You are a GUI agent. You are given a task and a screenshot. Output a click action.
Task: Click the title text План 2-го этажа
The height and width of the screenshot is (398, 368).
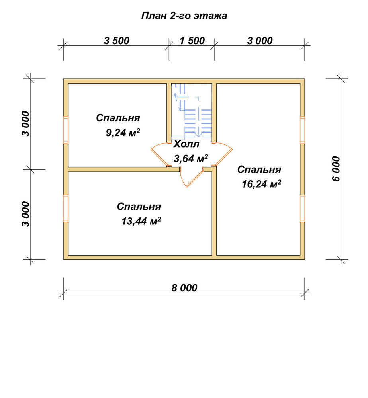pos(184,16)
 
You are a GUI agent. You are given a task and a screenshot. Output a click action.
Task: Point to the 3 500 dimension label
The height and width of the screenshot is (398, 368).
pos(117,41)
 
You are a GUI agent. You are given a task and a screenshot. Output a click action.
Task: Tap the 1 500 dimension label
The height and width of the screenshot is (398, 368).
pos(192,41)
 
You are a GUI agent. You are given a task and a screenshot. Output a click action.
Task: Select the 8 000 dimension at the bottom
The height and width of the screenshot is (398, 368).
pos(184,288)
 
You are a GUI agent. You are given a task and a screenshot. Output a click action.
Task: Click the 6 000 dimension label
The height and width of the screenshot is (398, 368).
pos(336,169)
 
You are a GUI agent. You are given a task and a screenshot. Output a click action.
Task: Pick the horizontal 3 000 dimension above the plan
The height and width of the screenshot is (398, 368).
pos(260,41)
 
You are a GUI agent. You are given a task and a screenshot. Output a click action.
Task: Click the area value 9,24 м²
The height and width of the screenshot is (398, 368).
pos(123,132)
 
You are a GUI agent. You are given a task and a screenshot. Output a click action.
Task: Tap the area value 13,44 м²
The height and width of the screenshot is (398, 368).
pos(141,221)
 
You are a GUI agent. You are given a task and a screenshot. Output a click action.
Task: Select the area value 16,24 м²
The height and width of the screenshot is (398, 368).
pos(261,184)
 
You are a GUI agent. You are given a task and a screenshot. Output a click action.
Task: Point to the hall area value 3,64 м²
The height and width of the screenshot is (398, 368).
pos(191,158)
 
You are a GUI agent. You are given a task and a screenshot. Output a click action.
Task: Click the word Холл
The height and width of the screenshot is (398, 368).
pos(186,144)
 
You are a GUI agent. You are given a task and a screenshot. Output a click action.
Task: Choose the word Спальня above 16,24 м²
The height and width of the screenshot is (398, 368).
pos(259,170)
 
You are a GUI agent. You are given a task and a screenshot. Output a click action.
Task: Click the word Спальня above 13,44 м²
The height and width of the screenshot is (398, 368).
pos(139,207)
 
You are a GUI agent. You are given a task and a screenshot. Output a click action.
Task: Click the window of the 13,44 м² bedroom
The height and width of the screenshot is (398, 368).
pos(66,209)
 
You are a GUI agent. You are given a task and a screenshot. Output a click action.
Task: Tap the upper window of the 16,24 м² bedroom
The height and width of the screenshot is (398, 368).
pos(302,130)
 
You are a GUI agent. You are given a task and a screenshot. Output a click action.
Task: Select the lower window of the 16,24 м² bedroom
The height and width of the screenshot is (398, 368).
pos(302,209)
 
